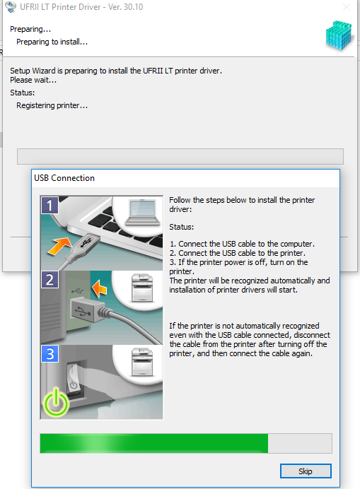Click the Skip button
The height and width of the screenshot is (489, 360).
[306, 471]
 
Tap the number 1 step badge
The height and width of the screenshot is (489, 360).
[50, 205]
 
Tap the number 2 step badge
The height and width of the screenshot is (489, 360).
[50, 279]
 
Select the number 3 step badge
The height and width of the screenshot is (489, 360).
[50, 353]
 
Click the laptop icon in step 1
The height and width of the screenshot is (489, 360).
[142, 213]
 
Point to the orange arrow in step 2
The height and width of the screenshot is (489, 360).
[99, 288]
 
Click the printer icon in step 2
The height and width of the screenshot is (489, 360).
[142, 288]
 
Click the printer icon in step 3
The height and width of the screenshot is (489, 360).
[142, 362]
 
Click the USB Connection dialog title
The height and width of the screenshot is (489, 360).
[64, 178]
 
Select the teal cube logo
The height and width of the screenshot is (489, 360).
[339, 35]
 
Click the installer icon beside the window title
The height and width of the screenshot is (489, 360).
[11, 7]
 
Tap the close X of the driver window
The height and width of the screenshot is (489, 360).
[347, 7]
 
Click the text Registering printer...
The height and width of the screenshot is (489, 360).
[52, 105]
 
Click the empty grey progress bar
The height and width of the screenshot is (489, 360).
[180, 156]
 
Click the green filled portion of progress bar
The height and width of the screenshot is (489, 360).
[154, 443]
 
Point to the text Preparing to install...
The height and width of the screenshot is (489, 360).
[52, 42]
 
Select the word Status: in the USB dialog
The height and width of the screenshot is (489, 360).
[181, 227]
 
